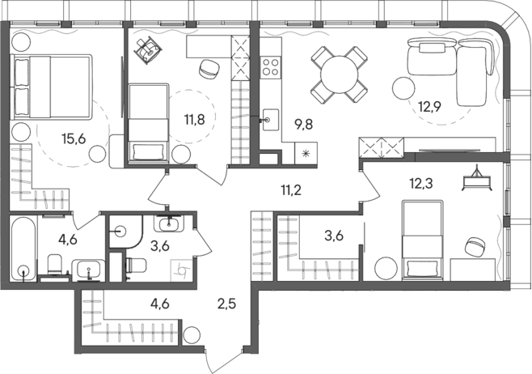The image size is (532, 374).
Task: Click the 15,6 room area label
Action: click(75, 138)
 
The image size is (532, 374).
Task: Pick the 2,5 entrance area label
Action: click(229, 305)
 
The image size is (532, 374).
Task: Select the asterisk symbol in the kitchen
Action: click(306, 154)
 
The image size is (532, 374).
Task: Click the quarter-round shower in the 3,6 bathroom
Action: click(119, 227)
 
